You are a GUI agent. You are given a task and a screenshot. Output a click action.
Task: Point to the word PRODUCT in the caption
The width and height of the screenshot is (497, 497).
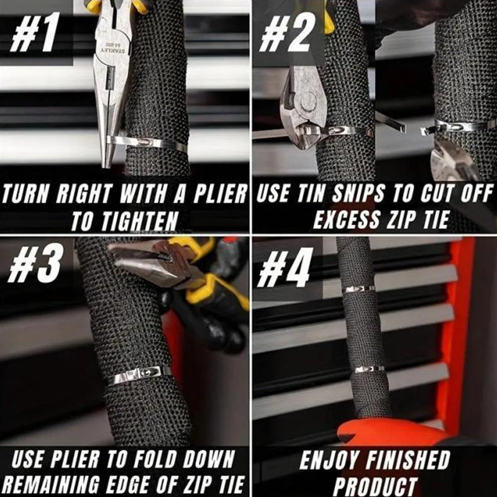coord(373,483)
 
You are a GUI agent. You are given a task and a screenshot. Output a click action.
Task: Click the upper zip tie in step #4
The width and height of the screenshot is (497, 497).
coord(360,289)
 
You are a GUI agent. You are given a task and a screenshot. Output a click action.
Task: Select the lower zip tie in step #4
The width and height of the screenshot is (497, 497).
coord(369,369)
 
